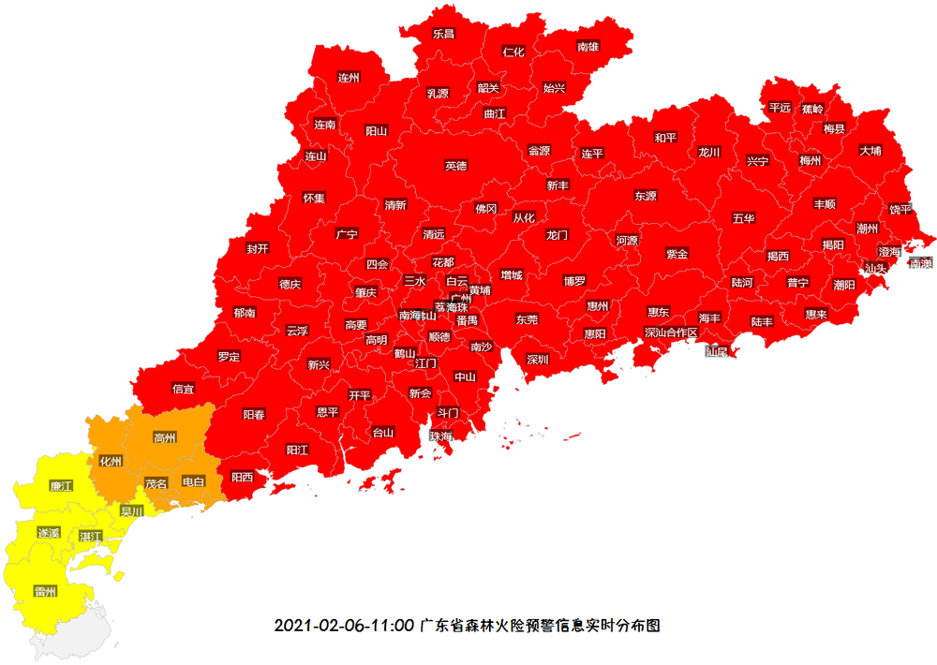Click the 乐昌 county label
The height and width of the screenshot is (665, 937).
pos(443,34)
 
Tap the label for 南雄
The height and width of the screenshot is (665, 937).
pos(587,46)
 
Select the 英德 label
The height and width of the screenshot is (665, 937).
pos(455,166)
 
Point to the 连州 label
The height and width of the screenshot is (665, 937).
pos(349,78)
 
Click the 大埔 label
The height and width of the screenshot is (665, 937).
pos(870,150)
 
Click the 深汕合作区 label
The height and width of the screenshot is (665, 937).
pos(671,332)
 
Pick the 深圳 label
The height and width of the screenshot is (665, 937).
pos(537,359)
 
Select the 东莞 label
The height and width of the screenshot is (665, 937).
pos(527,319)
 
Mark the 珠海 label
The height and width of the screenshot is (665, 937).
pos(440,436)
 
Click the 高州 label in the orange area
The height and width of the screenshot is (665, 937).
pos(164,437)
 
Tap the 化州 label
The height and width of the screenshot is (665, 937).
pos(111,461)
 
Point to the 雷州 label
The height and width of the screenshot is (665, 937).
pos(45,591)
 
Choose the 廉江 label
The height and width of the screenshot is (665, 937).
pos(61,486)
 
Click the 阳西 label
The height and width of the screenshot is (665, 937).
pos(242,477)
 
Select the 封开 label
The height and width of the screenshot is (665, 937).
pos(258,248)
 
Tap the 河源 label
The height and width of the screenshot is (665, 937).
pos(626,241)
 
